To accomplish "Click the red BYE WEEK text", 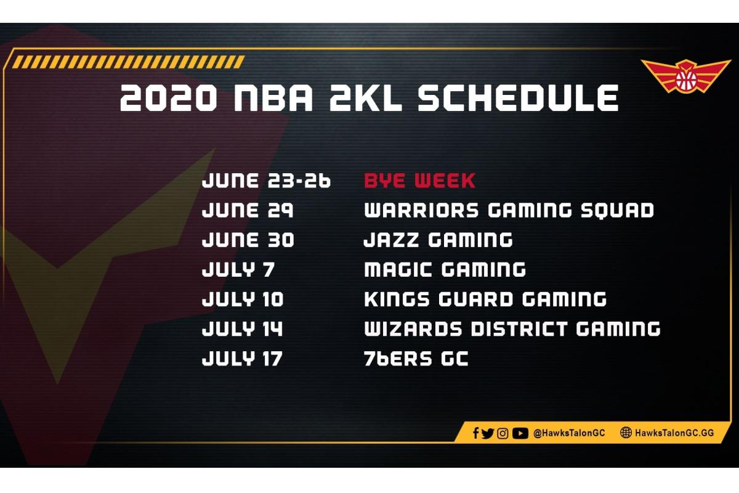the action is [419, 181].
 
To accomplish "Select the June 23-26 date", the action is [266, 181].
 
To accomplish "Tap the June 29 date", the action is [248, 210].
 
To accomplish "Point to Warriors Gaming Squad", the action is [509, 210].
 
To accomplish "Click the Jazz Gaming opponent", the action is [438, 240].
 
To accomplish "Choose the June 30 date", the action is [248, 240].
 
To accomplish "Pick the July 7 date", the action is [238, 270].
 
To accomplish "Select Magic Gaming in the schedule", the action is [445, 270].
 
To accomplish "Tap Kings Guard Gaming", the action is [485, 299].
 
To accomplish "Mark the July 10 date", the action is [243, 299].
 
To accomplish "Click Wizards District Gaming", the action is [512, 329].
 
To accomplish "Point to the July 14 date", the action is [242, 329].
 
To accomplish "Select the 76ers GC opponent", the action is [416, 359].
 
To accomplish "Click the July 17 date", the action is [242, 359].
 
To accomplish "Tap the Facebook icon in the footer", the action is [475, 433].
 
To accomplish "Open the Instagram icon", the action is [503, 433].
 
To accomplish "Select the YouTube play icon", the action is [520, 433].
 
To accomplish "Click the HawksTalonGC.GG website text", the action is [674, 433].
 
